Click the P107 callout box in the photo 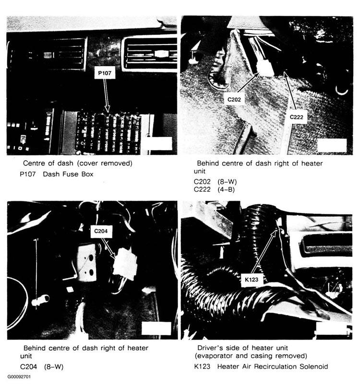coord(105,73)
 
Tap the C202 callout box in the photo coord(234,99)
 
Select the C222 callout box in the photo coord(296,117)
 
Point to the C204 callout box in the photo coord(101,231)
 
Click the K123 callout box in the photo coord(252,280)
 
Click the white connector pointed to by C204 coord(125,264)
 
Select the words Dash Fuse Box coord(68,174)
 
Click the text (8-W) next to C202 coord(227,182)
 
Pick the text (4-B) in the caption coord(226,189)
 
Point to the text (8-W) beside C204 coord(54,367)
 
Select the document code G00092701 coord(19,377)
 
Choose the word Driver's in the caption coord(210,348)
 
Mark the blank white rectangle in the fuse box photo coord(157,143)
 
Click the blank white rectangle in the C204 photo coord(156,328)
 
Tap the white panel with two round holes coord(87,263)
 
